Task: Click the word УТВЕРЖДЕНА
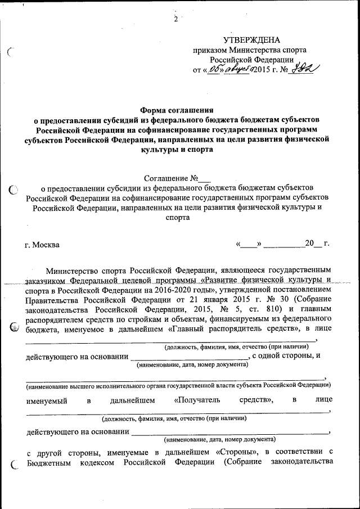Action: [251, 40]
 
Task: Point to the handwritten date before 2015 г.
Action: [228, 69]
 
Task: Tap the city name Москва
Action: [46, 245]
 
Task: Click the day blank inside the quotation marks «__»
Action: [249, 244]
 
